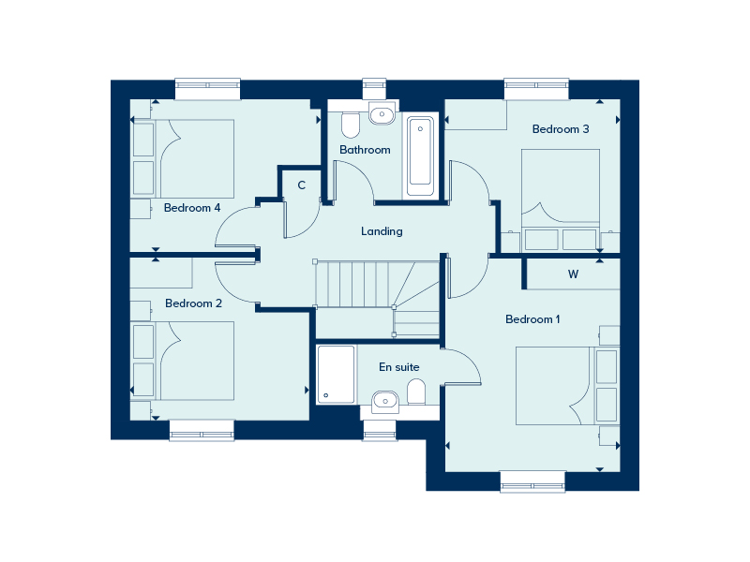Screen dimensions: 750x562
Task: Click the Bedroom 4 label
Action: (192, 208)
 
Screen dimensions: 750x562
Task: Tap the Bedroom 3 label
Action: (561, 129)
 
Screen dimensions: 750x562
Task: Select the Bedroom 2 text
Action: (193, 303)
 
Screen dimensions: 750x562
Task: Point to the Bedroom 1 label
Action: (532, 319)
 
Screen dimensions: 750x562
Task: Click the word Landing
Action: (382, 231)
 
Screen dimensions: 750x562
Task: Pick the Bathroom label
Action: (365, 150)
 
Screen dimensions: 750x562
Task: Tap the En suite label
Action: (399, 367)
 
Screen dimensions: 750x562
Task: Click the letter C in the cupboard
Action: (301, 185)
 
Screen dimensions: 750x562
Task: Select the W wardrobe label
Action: (573, 274)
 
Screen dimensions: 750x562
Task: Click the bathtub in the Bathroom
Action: (420, 156)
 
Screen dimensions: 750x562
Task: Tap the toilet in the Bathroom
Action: (351, 125)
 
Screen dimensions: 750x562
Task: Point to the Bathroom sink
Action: (382, 114)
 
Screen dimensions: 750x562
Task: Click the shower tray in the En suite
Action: (337, 375)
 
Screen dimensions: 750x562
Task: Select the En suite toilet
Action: (416, 392)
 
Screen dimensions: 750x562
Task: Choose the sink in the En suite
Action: (385, 401)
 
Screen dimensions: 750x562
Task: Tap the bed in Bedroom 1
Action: (555, 386)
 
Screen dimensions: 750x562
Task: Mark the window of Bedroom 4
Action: (207, 89)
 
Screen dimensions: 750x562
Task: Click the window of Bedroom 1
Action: (532, 481)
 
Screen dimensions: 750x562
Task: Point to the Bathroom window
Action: (374, 89)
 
